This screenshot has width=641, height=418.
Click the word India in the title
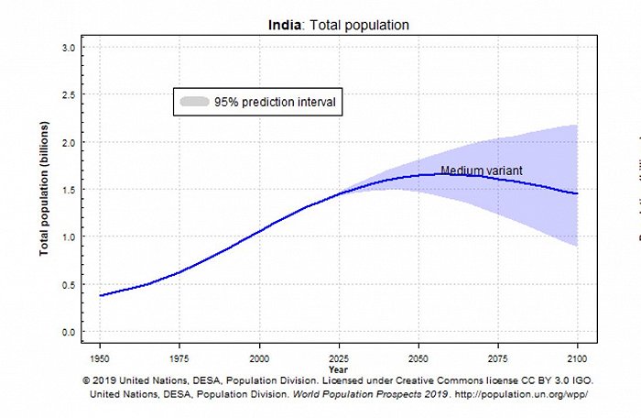(x=284, y=25)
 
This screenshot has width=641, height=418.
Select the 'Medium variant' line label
(x=481, y=170)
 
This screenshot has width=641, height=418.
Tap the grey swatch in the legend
(x=193, y=102)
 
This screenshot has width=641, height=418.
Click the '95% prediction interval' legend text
(x=274, y=102)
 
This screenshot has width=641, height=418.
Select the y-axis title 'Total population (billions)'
(x=44, y=190)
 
